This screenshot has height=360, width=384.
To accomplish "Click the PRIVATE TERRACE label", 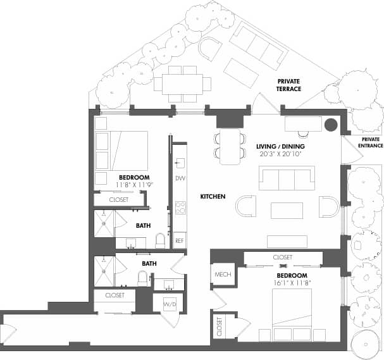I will (288, 85).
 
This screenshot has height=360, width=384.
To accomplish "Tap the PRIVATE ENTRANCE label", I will (371, 142).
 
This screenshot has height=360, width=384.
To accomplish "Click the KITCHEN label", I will (213, 197).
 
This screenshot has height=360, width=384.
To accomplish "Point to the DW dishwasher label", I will (180, 178).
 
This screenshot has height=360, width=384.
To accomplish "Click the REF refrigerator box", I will (180, 240).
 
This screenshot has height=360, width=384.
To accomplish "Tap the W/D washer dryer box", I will (170, 305).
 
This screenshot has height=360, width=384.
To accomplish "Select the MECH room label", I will (222, 274).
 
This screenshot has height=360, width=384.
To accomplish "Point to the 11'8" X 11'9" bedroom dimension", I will (134, 185).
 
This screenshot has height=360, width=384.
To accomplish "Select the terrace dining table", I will (182, 84).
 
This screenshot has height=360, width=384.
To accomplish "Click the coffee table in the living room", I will (287, 210).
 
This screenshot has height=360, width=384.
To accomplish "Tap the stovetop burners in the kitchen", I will (180, 208).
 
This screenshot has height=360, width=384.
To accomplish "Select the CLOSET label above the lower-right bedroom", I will (283, 258).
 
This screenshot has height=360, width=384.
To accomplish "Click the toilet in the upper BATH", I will (160, 240).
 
